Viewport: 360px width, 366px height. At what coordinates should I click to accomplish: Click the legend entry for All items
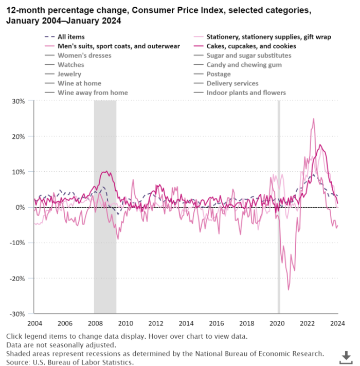coord(71,37)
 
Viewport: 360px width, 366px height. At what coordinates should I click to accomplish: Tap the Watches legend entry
coord(71,65)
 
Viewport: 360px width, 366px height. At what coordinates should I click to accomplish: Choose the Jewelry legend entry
coord(70,74)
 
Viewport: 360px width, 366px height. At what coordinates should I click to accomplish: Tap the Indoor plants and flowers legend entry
coord(246,93)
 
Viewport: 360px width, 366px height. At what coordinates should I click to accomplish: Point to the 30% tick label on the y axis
coord(19,101)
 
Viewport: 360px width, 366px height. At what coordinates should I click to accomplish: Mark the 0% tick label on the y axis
coord(20,207)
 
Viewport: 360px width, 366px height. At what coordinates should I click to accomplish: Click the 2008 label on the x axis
coord(95,323)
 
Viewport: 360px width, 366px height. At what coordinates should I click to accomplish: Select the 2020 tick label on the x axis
coord(277,323)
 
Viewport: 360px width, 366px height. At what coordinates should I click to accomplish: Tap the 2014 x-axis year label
coord(186,323)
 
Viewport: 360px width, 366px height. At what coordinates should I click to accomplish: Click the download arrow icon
coord(346,356)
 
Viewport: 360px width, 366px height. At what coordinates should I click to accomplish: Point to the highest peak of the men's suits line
coord(314,119)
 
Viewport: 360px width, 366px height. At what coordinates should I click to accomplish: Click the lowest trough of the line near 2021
coord(289,290)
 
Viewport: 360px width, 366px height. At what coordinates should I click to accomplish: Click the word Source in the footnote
coord(17,362)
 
